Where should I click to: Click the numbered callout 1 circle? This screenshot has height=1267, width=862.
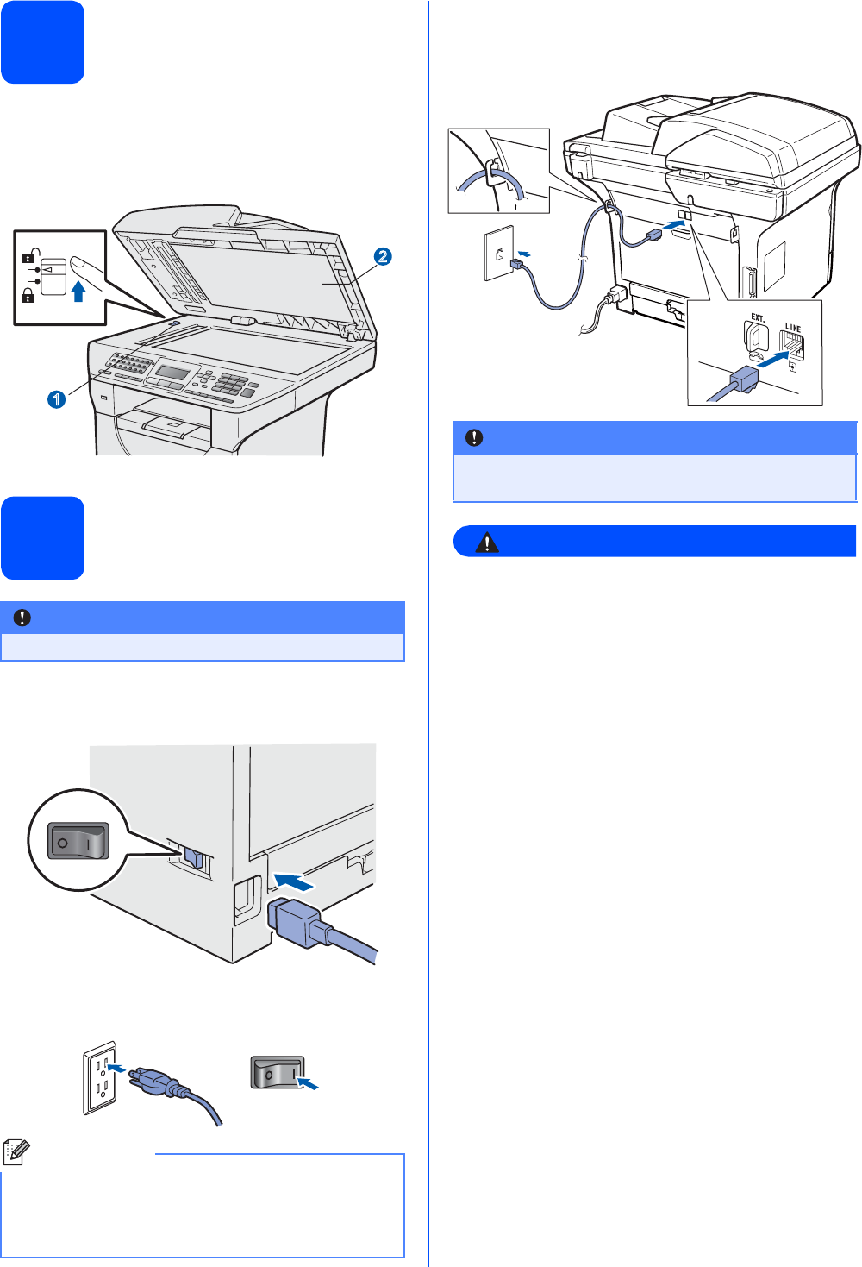[x=56, y=399]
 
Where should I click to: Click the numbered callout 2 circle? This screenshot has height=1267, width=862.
[x=383, y=256]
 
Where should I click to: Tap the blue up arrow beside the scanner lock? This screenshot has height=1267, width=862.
[x=78, y=291]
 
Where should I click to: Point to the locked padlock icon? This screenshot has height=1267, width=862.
[x=28, y=296]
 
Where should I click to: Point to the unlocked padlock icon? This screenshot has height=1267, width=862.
[x=28, y=255]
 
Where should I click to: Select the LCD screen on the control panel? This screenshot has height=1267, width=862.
[x=172, y=372]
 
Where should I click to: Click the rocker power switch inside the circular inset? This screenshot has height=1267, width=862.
[x=78, y=840]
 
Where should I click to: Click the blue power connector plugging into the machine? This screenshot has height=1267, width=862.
[x=296, y=922]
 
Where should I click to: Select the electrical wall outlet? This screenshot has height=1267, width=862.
[x=99, y=1077]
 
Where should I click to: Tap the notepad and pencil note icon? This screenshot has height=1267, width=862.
[x=16, y=1153]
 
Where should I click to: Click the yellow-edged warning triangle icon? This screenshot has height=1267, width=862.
[x=487, y=543]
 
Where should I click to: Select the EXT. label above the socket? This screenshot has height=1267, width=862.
[x=758, y=317]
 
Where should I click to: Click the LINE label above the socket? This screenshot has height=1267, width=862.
[x=793, y=328]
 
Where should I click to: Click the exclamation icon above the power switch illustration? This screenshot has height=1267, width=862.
[x=22, y=618]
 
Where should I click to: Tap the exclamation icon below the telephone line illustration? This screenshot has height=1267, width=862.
[x=474, y=438]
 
